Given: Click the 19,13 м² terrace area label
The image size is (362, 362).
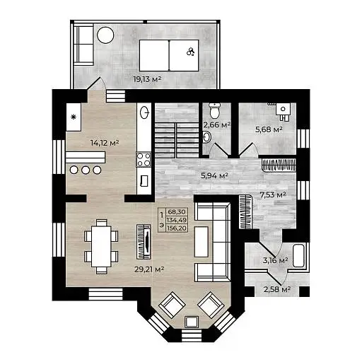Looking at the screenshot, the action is click(x=147, y=79).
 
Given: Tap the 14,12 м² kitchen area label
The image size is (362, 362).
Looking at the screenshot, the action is click(x=105, y=143).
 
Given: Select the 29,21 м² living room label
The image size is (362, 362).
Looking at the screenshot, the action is click(x=149, y=269).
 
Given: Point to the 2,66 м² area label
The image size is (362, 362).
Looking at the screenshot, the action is click(x=217, y=125).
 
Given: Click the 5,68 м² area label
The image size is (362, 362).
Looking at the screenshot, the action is click(x=269, y=129).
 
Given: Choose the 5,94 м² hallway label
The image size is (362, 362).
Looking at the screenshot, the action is click(x=214, y=175).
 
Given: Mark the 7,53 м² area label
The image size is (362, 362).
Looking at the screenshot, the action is click(x=273, y=194).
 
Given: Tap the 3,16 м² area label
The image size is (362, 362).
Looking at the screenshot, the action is click(x=275, y=260).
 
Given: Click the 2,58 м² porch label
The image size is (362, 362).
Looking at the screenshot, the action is click(x=276, y=289).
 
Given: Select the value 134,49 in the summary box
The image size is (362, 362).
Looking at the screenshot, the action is click(x=177, y=220).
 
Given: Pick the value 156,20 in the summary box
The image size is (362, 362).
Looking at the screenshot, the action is click(x=177, y=228).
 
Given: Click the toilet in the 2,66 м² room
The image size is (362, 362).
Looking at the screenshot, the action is click(x=215, y=110).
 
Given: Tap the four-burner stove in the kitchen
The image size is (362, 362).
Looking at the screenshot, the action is click(x=144, y=160).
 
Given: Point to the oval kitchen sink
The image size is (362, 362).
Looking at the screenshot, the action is click(x=144, y=112).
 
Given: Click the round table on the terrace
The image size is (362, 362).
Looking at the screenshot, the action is click(x=105, y=35).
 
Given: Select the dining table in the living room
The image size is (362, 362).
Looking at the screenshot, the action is click(x=101, y=246).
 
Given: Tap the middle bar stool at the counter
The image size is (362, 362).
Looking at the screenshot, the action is click(x=86, y=170).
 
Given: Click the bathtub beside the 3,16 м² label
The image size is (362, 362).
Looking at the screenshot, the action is click(x=298, y=256).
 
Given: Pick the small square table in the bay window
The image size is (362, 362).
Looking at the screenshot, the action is click(x=192, y=322).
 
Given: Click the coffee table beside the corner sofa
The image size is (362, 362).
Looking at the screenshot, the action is click(x=202, y=242).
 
